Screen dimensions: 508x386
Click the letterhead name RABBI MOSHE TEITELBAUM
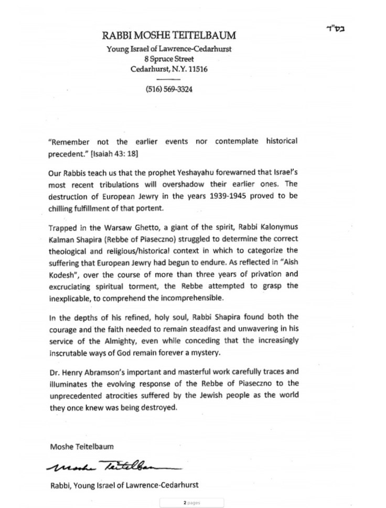168,36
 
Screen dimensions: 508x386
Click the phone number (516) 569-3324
169,89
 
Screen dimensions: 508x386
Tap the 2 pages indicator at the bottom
192,502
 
